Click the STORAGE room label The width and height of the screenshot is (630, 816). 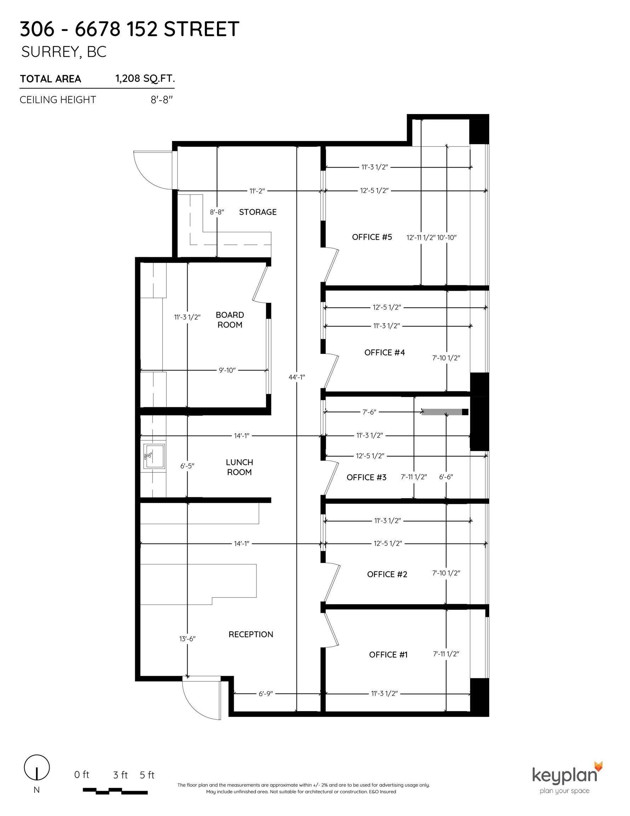point(257,212)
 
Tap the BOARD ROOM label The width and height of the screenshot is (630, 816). point(230,320)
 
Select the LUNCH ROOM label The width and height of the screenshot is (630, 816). point(239,467)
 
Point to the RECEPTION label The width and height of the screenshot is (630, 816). point(251,634)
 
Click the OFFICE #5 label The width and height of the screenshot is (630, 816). point(372,237)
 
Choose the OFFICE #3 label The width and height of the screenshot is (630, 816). point(366,477)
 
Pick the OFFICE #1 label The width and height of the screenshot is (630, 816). point(388,654)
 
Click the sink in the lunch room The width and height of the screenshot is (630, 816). point(154,456)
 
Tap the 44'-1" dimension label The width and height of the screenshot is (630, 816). point(297,377)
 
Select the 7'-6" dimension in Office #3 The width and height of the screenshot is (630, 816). point(369,412)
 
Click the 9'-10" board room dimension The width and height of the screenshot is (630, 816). point(227,370)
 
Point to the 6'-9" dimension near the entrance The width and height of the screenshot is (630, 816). point(266,693)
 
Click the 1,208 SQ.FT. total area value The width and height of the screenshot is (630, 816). point(145,79)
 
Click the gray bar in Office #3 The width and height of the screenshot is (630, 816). point(442,412)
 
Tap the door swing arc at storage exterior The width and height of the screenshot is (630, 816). point(151,170)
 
